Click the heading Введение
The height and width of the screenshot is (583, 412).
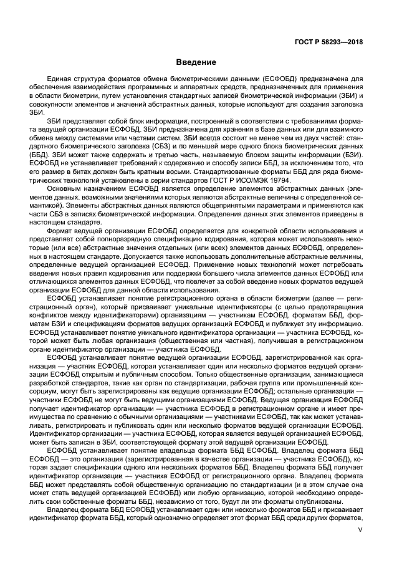[x=196, y=62]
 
